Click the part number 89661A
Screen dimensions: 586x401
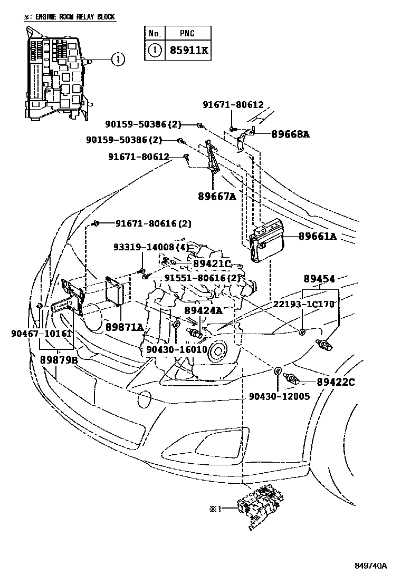pyautogui.click(x=317, y=237)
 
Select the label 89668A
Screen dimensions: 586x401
pyautogui.click(x=290, y=134)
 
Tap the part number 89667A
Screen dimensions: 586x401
pyautogui.click(x=216, y=197)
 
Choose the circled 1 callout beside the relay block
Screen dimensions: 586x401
pyautogui.click(x=118, y=59)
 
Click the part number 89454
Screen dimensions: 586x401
pyautogui.click(x=319, y=279)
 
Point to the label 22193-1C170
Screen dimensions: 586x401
pyautogui.click(x=304, y=304)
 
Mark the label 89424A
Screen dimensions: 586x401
pyautogui.click(x=203, y=311)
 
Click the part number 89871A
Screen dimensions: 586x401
pyautogui.click(x=124, y=327)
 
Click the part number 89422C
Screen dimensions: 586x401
pyautogui.click(x=336, y=381)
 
